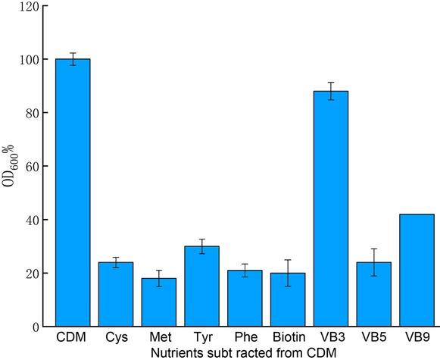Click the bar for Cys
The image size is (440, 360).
pyautogui.click(x=116, y=295)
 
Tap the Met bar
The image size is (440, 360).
pyautogui.click(x=159, y=302)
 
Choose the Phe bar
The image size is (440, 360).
pyautogui.click(x=245, y=299)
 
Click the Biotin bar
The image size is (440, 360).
pyautogui.click(x=288, y=300)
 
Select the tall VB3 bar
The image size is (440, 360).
pyautogui.click(x=331, y=209)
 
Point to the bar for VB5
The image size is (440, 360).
pyautogui.click(x=373, y=295)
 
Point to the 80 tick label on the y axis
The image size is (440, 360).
pyautogui.click(x=31, y=113)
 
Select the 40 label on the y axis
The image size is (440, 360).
pyautogui.click(x=31, y=220)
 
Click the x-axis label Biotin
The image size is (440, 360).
pyautogui.click(x=288, y=338)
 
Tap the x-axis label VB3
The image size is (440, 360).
pyautogui.click(x=331, y=338)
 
